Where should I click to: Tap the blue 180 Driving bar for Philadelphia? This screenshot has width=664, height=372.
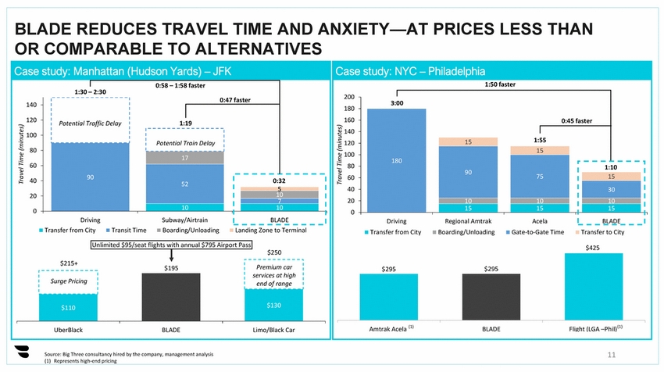(396, 160)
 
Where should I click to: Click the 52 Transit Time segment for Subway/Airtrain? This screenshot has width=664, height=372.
(184, 184)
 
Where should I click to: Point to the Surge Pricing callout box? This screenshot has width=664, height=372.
(69, 280)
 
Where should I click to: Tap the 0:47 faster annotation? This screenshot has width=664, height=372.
(235, 99)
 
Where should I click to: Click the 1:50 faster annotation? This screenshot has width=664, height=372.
(501, 84)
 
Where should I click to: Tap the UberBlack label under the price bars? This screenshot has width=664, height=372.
(68, 329)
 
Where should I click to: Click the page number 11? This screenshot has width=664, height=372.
(612, 355)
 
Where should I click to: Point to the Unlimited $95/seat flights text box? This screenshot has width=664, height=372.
(171, 245)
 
